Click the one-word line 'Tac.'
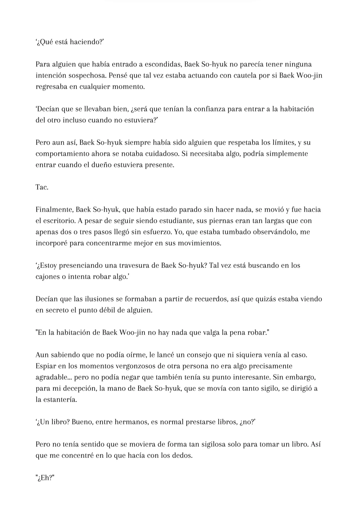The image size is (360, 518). click(x=42, y=187)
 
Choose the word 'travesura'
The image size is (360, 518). click(x=133, y=265)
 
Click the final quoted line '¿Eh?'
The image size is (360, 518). click(x=45, y=478)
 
